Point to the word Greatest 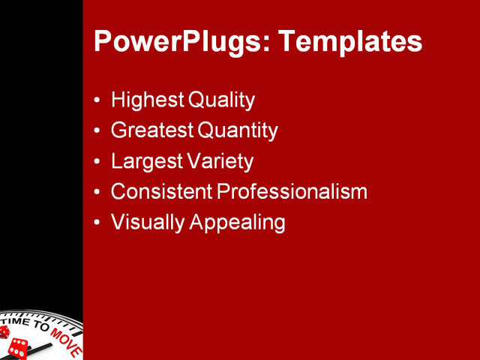click(152, 130)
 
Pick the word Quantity click(238, 130)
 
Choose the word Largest click(145, 161)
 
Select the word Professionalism click(292, 192)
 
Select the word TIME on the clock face click(16, 322)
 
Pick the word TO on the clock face click(41, 327)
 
